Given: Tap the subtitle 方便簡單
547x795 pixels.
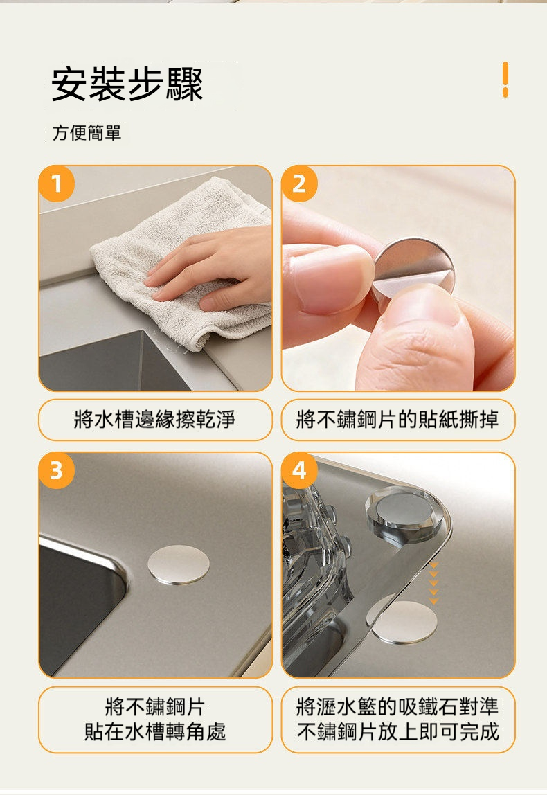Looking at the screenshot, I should click(87, 133).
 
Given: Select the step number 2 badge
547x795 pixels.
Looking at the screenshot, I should click(299, 184).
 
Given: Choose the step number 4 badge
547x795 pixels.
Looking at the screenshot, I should click(299, 471).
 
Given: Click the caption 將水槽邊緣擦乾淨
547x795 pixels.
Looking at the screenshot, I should click(154, 420).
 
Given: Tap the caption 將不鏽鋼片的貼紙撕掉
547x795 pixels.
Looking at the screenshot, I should click(397, 420).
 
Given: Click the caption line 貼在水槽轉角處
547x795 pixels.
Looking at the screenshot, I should click(154, 731).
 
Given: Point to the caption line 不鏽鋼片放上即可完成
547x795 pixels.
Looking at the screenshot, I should click(397, 731).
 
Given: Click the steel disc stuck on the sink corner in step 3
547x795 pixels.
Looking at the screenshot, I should click(179, 564).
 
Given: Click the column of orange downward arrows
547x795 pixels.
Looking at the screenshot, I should click(434, 584).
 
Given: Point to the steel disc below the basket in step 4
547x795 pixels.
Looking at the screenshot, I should click(404, 622).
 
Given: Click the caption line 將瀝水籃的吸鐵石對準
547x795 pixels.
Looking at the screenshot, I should click(397, 707).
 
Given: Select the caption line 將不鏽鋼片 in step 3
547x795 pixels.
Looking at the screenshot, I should click(154, 707).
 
